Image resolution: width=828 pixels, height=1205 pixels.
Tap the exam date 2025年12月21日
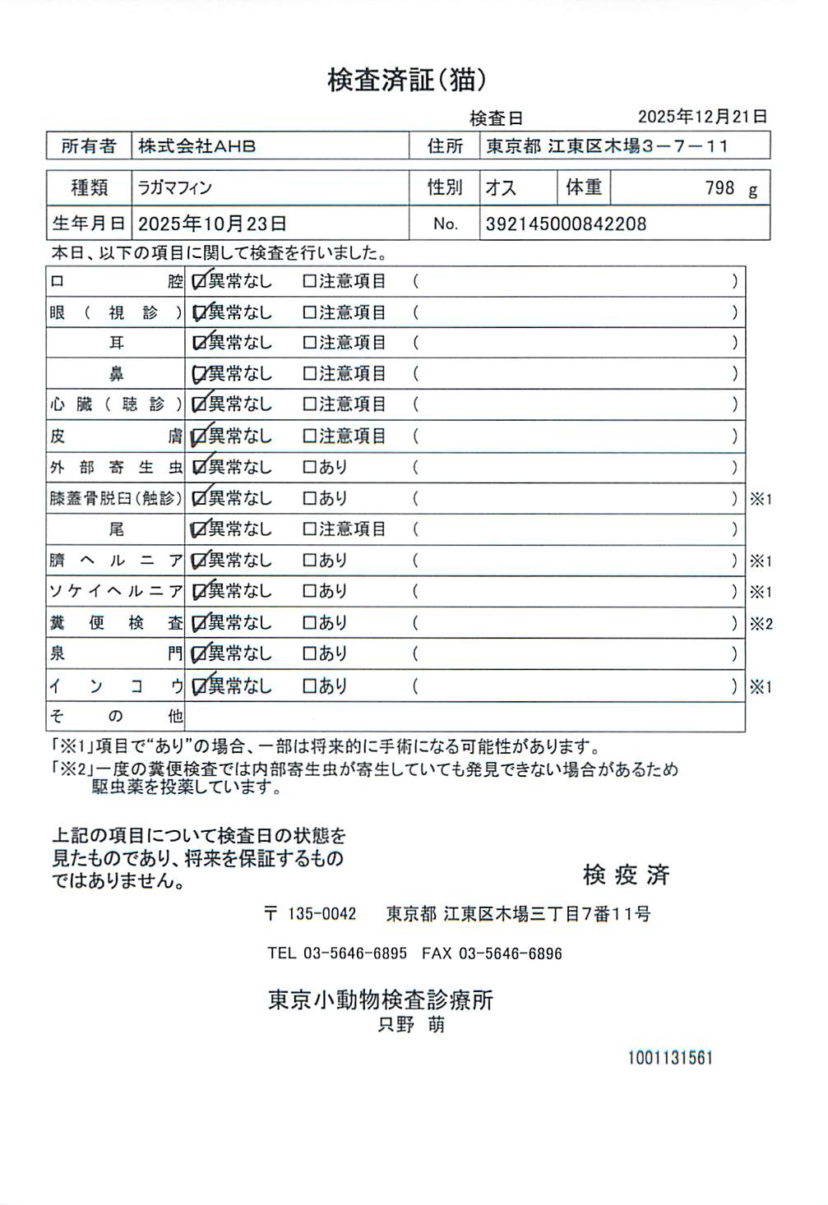coord(702,117)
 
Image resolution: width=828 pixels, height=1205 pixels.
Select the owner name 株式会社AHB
coord(197,146)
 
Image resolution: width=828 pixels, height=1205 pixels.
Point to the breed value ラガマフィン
coord(174,188)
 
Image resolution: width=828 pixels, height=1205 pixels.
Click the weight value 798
coord(719,188)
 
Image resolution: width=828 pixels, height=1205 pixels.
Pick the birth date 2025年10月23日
coord(212,224)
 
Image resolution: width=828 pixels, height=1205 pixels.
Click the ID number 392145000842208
coord(566,224)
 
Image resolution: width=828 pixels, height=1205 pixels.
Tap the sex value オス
coord(501,188)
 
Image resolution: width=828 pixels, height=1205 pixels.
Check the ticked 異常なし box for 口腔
coord(199,282)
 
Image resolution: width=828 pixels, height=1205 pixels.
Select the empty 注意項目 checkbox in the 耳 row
coord(310,343)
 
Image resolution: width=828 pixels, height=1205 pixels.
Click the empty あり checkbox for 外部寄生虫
coord(310,468)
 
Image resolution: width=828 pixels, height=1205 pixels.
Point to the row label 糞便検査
coord(116,623)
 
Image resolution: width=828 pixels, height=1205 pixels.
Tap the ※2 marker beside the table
coord(761,624)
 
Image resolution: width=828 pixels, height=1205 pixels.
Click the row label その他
coord(116,716)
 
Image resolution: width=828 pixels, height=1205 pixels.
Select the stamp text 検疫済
coord(626,875)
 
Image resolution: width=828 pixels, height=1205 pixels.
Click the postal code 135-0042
coord(321,914)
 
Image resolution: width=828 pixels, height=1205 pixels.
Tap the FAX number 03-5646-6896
coord(510,953)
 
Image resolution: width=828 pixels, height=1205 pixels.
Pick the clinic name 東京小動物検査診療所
coord(381,1000)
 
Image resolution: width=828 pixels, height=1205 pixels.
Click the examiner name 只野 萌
coord(411,1025)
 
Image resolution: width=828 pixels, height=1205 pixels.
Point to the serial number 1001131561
coord(669,1058)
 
